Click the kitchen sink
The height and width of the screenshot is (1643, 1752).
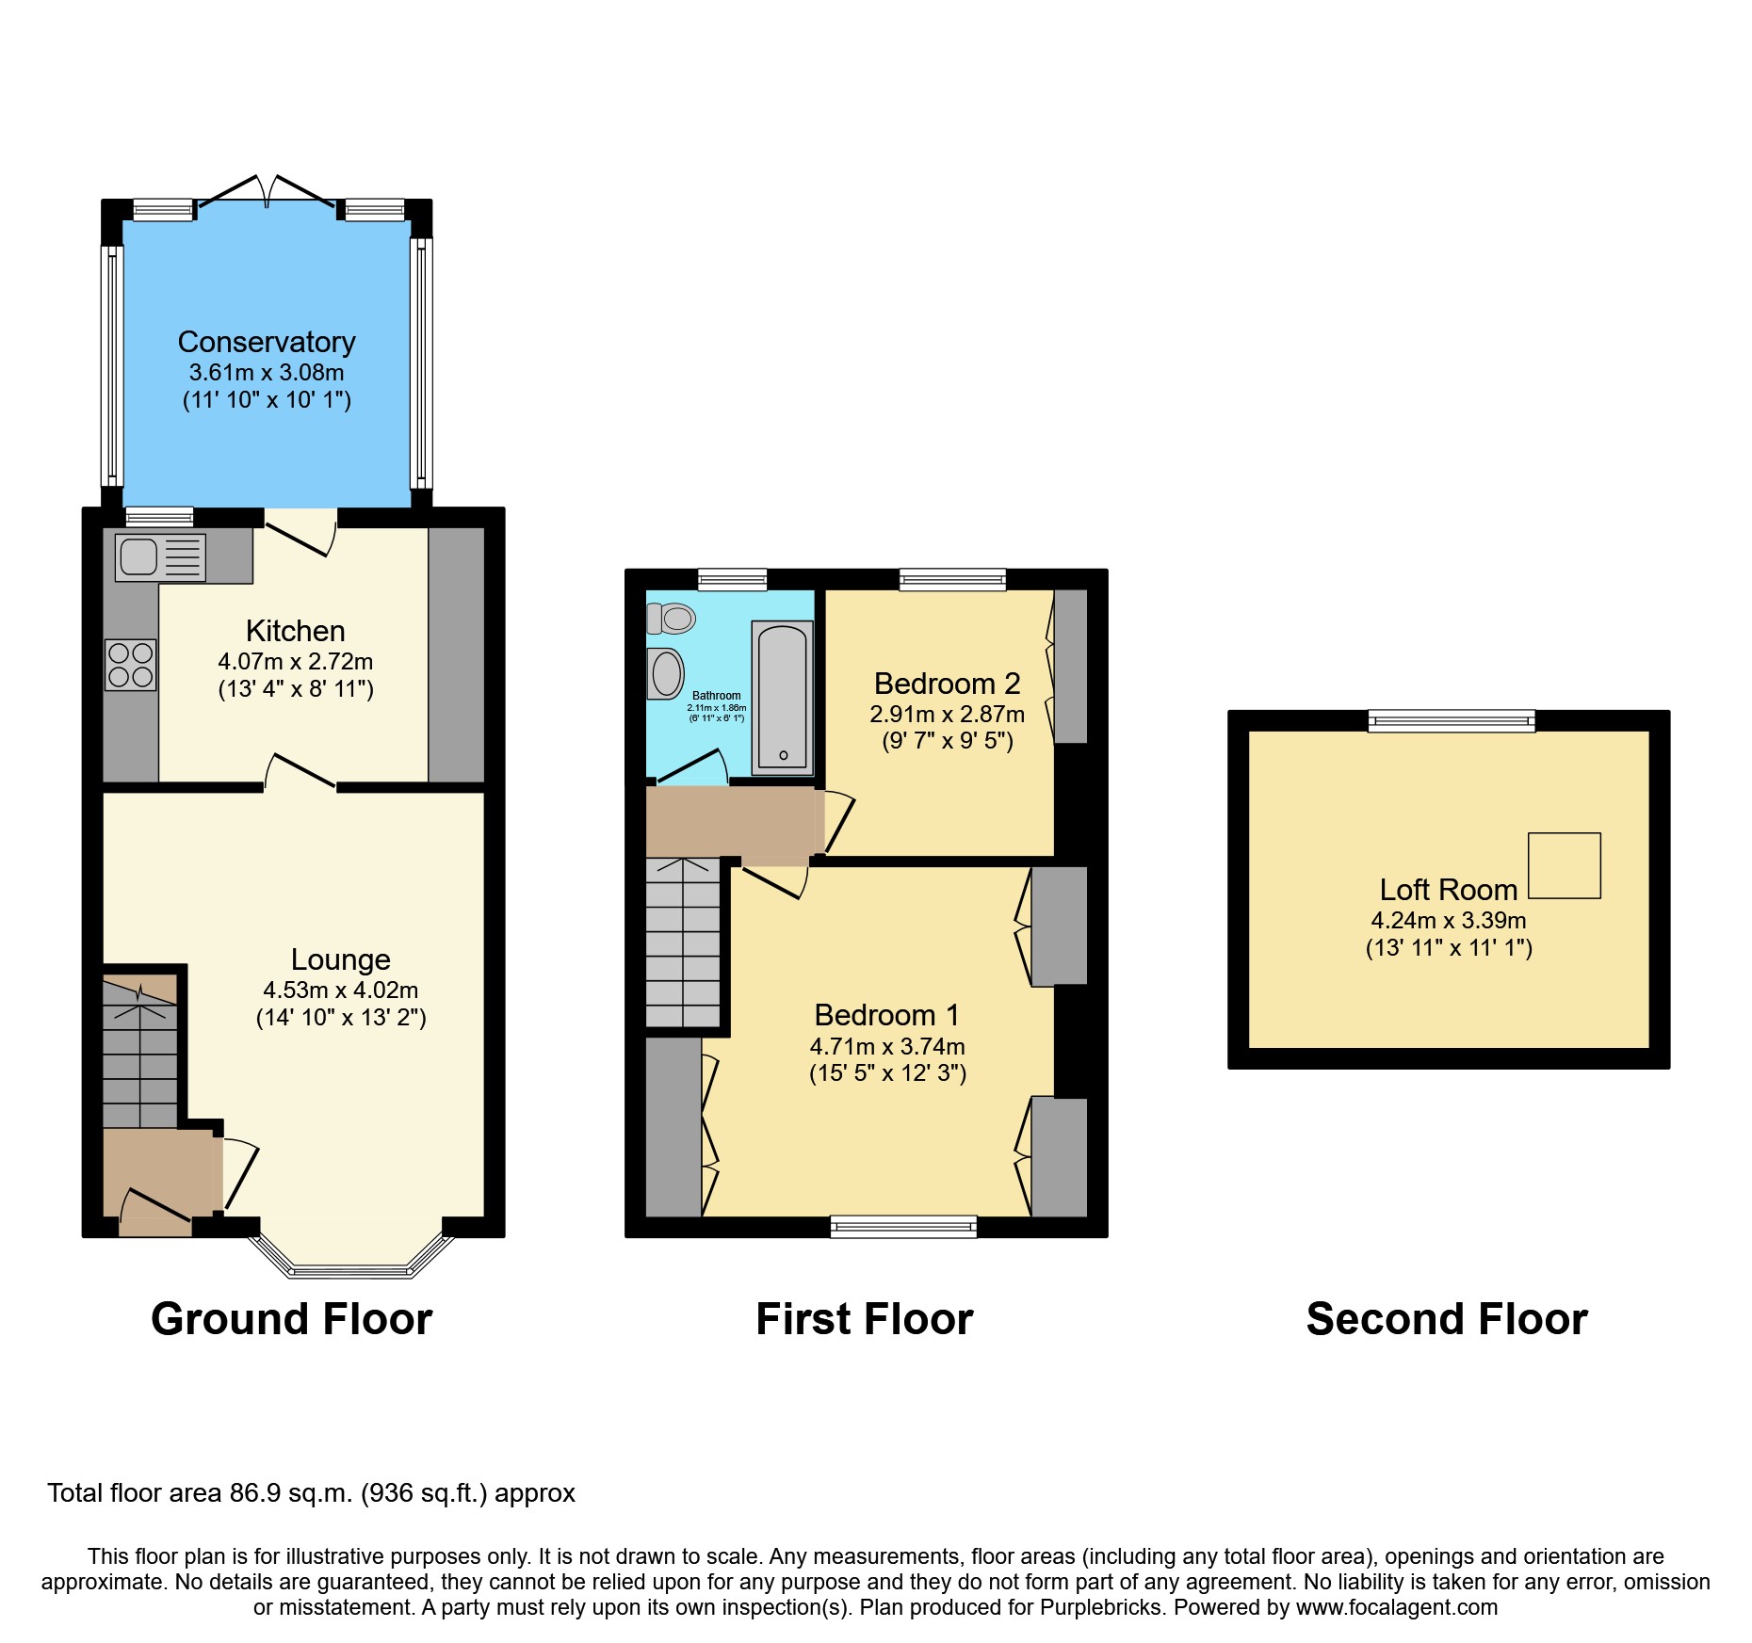click(159, 556)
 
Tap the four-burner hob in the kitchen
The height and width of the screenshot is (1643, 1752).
click(130, 665)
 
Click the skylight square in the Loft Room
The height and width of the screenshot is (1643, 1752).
click(1564, 865)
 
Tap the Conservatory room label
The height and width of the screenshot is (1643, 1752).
click(267, 342)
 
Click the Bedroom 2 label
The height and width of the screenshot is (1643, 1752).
click(947, 684)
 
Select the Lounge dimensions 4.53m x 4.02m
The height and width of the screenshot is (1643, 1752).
click(340, 991)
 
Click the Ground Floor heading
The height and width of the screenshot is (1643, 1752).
click(291, 1319)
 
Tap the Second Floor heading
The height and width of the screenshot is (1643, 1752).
click(1446, 1319)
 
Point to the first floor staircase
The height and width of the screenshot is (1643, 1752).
click(682, 942)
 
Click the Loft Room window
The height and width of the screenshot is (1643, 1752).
click(1451, 721)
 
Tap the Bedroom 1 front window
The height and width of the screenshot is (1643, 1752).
click(902, 1226)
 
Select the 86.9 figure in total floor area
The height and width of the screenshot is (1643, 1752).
click(255, 1493)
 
